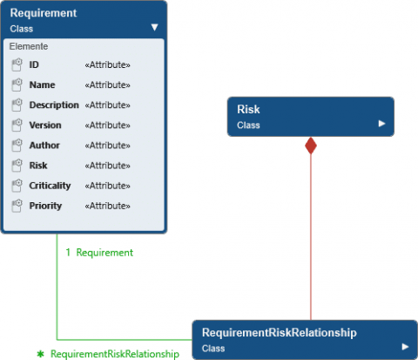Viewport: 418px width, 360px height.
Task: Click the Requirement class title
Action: point(44,13)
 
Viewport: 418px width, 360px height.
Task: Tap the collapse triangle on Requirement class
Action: point(154,27)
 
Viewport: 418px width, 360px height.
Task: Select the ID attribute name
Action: point(34,65)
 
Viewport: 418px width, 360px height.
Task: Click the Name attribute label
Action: point(42,85)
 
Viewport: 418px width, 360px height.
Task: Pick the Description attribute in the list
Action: point(54,105)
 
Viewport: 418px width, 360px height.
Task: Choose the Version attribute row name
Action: point(45,126)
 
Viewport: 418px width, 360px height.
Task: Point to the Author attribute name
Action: point(44,146)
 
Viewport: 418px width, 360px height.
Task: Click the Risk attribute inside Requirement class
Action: point(38,166)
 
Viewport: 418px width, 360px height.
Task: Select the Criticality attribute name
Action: point(50,186)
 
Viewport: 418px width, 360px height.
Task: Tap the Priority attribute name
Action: point(45,206)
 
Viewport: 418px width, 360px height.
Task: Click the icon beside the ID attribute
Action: point(17,65)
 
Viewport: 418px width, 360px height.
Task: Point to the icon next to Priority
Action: point(17,206)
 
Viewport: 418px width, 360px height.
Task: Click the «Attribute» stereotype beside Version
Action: point(107,126)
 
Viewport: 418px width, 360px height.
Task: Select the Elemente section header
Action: point(29,45)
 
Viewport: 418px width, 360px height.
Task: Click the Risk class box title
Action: point(248,110)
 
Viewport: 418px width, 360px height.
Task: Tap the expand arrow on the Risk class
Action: point(381,125)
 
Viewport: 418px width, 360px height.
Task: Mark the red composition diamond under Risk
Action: point(311,146)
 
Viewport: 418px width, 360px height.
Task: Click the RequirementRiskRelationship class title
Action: point(279,333)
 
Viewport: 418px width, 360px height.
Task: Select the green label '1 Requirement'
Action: point(99,253)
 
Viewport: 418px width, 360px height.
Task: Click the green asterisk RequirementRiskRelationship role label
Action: point(108,354)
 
